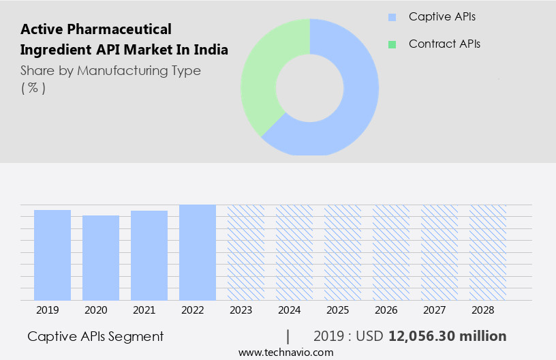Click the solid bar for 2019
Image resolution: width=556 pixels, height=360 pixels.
tap(52, 255)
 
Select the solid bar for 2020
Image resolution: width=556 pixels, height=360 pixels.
tap(101, 258)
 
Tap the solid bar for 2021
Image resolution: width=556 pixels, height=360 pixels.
tap(149, 256)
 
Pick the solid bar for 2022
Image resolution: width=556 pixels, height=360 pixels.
tap(198, 252)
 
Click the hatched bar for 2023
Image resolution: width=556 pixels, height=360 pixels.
tap(246, 252)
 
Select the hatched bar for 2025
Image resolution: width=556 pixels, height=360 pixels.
tap(343, 252)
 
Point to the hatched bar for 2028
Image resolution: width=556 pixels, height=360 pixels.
tap(488, 252)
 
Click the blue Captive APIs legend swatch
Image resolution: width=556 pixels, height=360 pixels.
tap(392, 17)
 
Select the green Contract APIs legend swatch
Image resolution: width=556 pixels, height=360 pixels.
tap(392, 44)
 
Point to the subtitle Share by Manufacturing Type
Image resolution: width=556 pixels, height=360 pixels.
tap(110, 71)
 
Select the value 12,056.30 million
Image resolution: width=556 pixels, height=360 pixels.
tap(447, 336)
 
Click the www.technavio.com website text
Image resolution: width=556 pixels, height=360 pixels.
tap(285, 352)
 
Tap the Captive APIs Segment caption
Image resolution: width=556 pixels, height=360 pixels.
tap(95, 336)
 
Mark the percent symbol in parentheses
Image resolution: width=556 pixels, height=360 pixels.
tap(33, 88)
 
